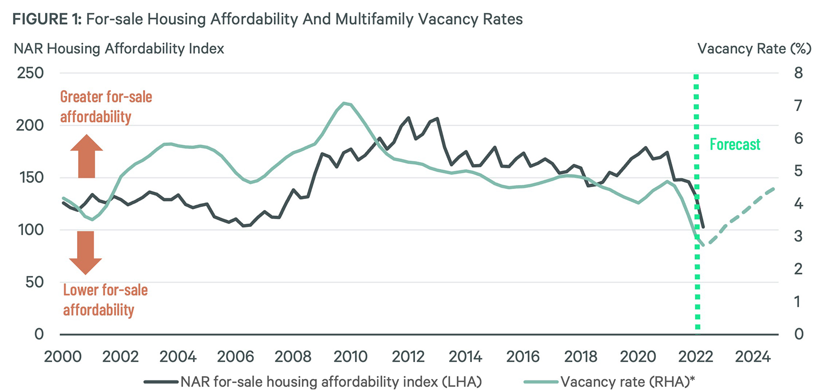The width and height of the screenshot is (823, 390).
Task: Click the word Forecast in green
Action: pyautogui.click(x=735, y=144)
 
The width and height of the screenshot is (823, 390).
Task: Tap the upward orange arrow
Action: pyautogui.click(x=86, y=156)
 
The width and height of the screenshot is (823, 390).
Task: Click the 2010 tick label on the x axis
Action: pyautogui.click(x=350, y=356)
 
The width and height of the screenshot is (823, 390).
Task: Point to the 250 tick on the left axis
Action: pyautogui.click(x=31, y=73)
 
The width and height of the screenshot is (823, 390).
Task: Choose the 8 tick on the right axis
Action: pyautogui.click(x=798, y=73)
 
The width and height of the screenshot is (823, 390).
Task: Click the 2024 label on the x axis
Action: pyautogui.click(x=752, y=356)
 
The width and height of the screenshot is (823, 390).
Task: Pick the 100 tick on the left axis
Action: pyautogui.click(x=31, y=230)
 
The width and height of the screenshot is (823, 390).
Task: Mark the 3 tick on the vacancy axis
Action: pyautogui.click(x=798, y=236)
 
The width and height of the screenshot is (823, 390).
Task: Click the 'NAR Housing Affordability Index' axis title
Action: pyautogui.click(x=119, y=48)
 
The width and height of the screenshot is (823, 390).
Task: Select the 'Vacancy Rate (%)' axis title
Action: pyautogui.click(x=754, y=48)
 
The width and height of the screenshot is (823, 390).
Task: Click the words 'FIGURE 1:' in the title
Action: pyautogui.click(x=47, y=19)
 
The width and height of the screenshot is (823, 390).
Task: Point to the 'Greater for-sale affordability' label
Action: pyautogui.click(x=106, y=106)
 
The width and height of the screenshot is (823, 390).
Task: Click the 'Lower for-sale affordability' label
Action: pyautogui.click(x=105, y=300)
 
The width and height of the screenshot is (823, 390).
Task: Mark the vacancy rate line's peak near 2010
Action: pyautogui.click(x=344, y=103)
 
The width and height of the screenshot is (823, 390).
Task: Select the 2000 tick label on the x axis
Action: pyautogui.click(x=63, y=356)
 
